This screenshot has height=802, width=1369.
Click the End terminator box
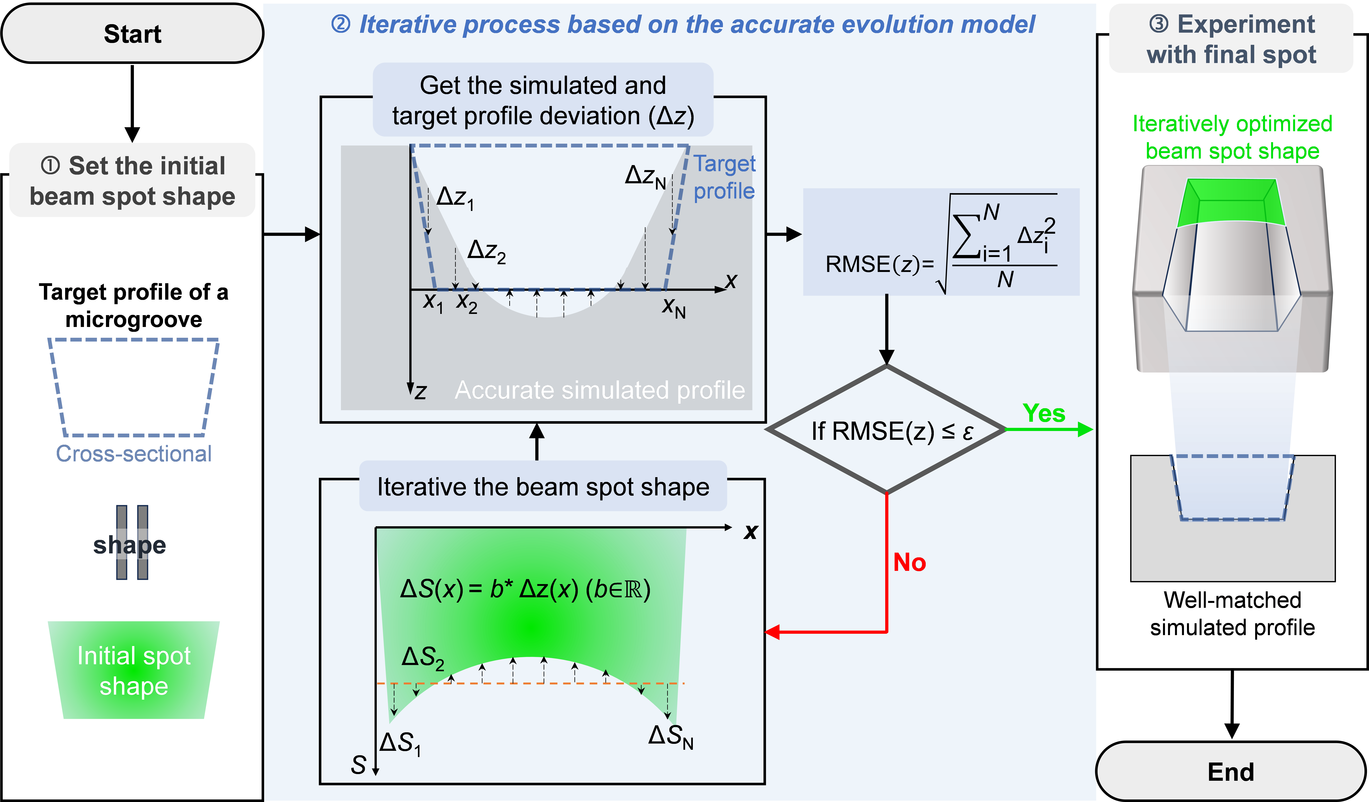point(1231,771)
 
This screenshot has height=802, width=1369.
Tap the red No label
point(909,562)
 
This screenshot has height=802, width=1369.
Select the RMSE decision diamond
point(887,429)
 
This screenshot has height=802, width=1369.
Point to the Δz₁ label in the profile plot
point(455,198)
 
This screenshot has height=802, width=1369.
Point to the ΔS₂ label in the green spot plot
point(423,658)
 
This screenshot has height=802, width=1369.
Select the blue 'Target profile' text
point(725,177)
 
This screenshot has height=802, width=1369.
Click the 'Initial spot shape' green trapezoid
point(134,670)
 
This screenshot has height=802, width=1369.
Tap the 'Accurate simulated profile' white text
point(600,390)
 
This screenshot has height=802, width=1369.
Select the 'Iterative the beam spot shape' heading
point(543,487)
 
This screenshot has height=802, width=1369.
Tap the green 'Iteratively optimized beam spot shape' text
point(1232,137)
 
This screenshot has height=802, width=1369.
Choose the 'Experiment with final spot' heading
point(1232,39)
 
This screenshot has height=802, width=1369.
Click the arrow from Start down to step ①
point(133,103)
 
